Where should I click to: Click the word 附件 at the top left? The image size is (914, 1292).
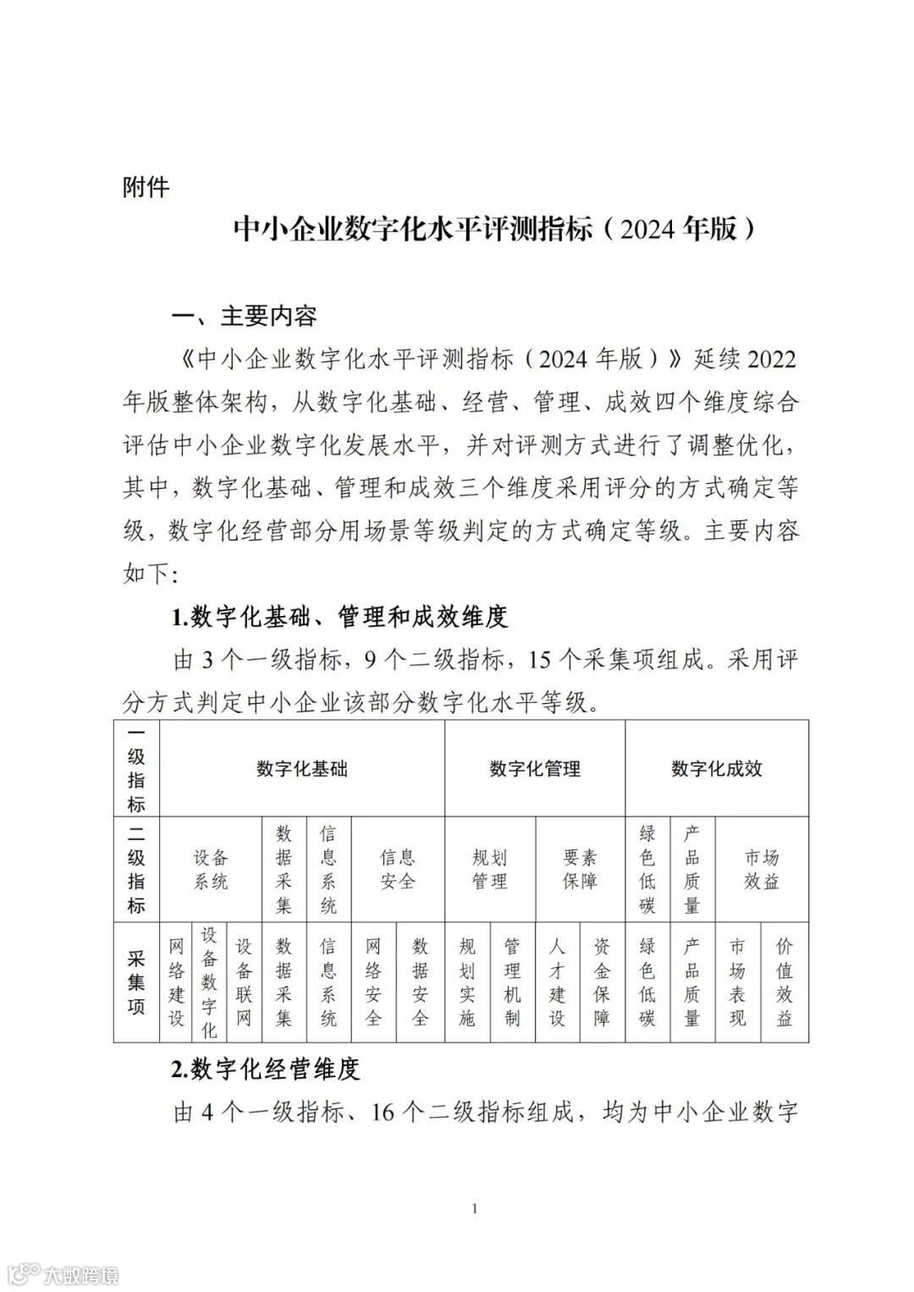(x=146, y=187)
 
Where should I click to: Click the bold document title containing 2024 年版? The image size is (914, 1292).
(x=493, y=228)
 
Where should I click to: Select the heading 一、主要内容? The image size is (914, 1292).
(x=245, y=316)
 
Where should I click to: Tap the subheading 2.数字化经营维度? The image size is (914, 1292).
(x=266, y=1069)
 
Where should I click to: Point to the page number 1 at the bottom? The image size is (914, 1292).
(x=475, y=1208)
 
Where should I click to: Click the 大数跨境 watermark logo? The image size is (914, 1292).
(x=63, y=1273)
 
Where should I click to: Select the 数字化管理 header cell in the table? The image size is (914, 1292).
(x=535, y=769)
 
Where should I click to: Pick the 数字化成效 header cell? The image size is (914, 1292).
(x=717, y=769)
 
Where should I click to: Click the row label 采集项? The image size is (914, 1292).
(x=136, y=982)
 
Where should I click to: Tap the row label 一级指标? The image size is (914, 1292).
(x=136, y=768)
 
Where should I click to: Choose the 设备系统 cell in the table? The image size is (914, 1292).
(x=211, y=870)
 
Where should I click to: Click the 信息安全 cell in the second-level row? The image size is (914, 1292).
(x=397, y=870)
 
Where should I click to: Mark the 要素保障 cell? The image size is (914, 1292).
(x=580, y=870)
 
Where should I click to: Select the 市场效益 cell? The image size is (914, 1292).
(x=762, y=870)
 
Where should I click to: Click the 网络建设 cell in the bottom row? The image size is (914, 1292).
(x=176, y=982)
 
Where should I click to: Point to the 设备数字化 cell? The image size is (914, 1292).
(x=209, y=982)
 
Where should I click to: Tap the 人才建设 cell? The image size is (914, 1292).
(x=557, y=982)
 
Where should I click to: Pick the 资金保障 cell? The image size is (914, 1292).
(x=602, y=982)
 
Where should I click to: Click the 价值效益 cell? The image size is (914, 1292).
(x=785, y=982)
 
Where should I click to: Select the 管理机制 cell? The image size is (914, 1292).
(x=512, y=982)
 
